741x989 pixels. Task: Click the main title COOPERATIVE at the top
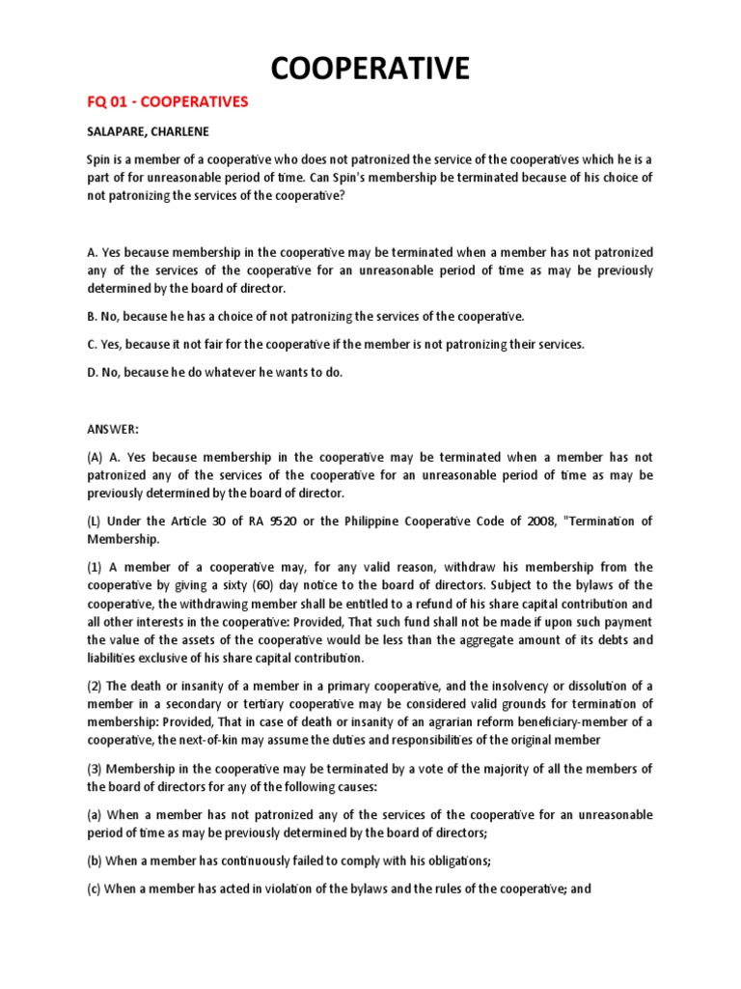tap(370, 69)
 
